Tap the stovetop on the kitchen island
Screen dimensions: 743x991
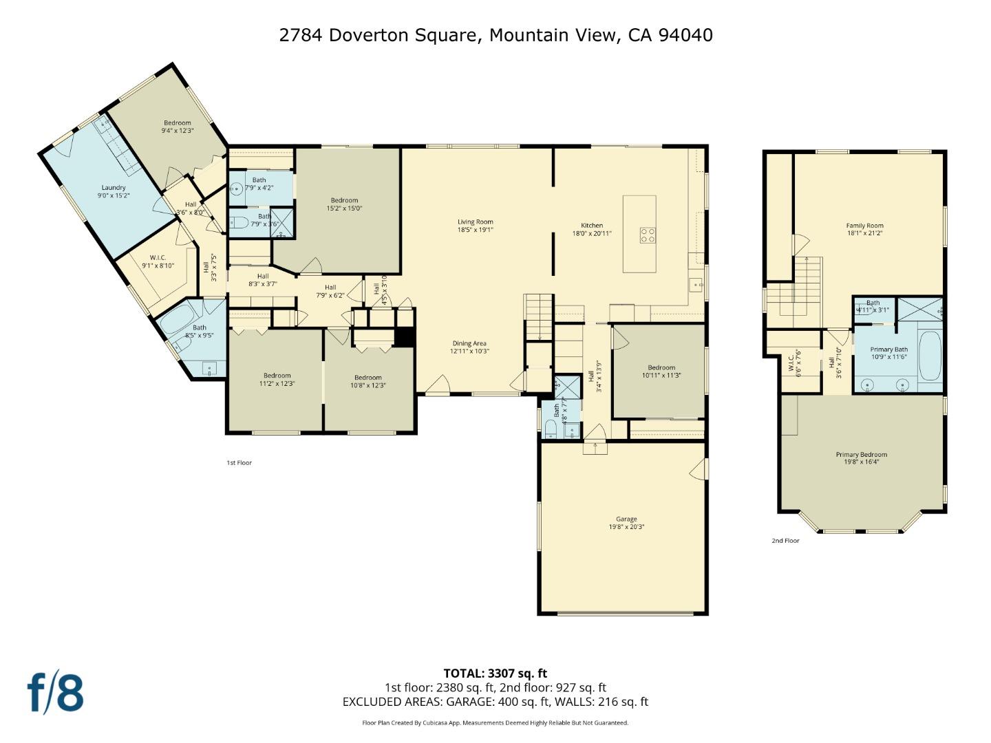[648, 235]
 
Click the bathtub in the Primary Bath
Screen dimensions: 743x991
[929, 356]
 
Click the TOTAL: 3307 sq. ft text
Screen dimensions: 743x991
[495, 674]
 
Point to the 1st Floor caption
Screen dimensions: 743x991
[239, 463]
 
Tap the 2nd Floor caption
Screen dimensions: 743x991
[785, 541]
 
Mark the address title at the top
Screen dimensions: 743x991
[495, 35]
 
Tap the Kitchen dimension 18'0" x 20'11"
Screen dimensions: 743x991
[592, 233]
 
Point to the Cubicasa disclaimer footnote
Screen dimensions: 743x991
[495, 723]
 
